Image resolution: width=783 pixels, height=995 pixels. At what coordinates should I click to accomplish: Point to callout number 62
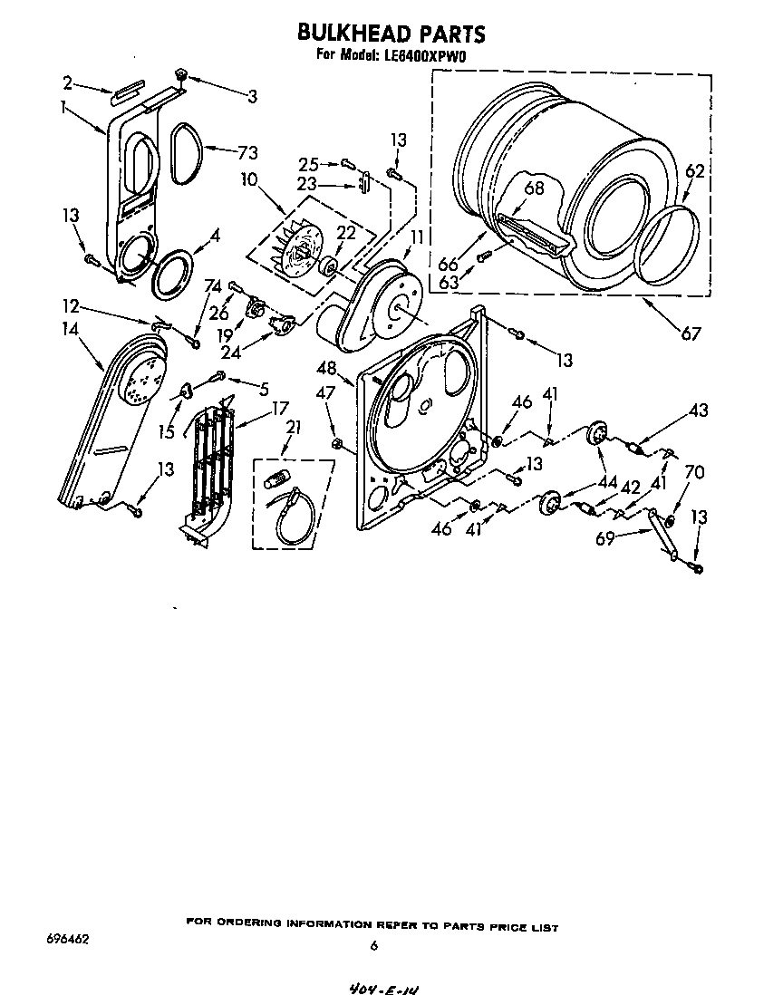tap(694, 171)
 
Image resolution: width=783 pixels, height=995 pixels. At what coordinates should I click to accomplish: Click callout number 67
tap(691, 334)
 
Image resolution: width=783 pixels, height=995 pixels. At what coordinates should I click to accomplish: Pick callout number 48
tap(326, 368)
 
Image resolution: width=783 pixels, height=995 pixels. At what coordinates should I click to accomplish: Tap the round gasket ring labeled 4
tap(171, 274)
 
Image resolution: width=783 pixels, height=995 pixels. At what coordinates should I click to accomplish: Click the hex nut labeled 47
tap(337, 444)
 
